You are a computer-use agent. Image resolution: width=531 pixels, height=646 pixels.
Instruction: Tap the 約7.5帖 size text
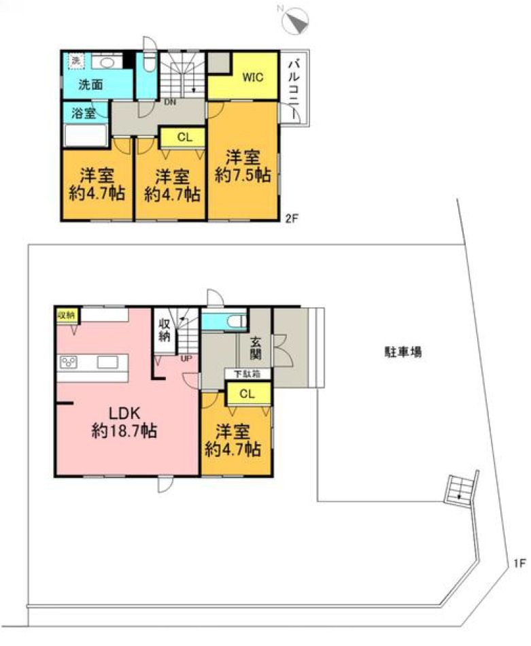243,175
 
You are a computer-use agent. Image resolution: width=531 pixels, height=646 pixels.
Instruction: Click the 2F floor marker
291,218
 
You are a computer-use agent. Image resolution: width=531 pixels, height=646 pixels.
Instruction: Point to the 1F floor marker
519,563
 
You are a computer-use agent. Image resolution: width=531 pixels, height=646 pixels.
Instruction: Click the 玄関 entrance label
255,349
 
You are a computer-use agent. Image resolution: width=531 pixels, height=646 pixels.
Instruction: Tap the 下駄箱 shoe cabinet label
246,374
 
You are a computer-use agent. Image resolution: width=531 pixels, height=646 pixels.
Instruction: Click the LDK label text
124,413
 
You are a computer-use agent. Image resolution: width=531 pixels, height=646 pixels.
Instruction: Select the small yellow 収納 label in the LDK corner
65,315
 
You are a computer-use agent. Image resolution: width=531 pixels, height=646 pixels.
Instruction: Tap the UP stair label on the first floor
185,358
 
